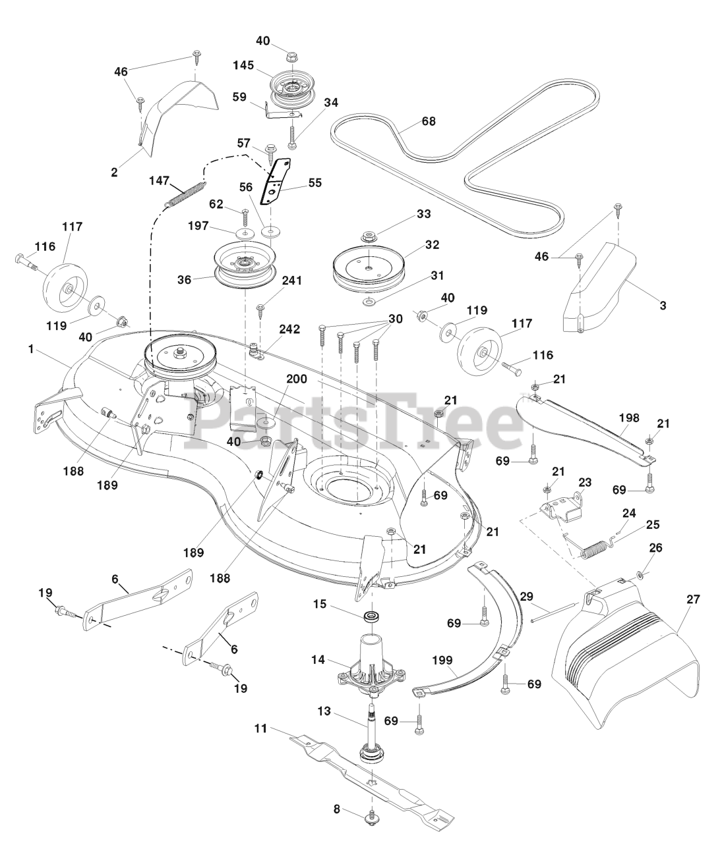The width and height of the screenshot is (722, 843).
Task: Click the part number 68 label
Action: pyautogui.click(x=429, y=122)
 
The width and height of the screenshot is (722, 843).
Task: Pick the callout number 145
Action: pyautogui.click(x=243, y=65)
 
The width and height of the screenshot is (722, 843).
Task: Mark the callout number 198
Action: pyautogui.click(x=629, y=417)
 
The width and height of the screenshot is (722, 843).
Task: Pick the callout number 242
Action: pyautogui.click(x=291, y=329)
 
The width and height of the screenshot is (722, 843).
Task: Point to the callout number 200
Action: pyautogui.click(x=296, y=379)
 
